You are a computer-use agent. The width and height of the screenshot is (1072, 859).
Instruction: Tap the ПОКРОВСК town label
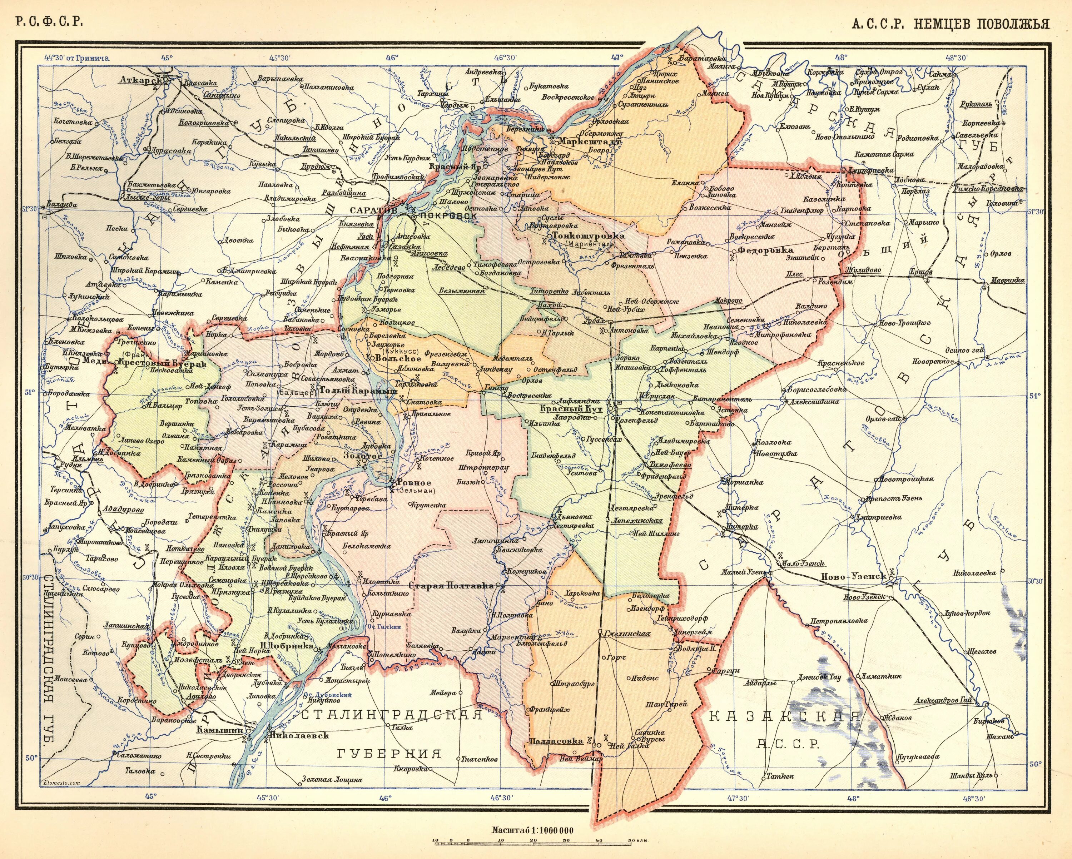[x=448, y=216]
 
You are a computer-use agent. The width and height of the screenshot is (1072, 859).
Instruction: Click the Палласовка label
[x=555, y=741]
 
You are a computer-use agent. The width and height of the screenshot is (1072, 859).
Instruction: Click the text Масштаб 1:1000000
[x=532, y=830]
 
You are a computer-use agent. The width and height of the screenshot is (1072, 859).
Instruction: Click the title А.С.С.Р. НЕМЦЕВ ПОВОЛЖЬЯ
[x=950, y=24]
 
